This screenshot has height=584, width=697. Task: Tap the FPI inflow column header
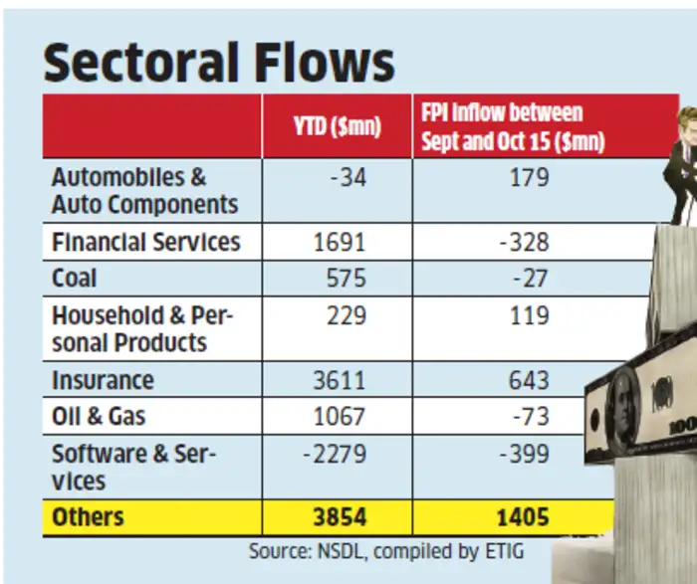point(513,127)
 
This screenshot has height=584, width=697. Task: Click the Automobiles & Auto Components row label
point(144,191)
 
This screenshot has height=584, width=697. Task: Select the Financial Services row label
point(145,242)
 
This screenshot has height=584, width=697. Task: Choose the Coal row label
point(75,279)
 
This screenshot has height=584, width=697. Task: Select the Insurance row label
point(103,381)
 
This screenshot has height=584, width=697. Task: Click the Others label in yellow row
point(88,517)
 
